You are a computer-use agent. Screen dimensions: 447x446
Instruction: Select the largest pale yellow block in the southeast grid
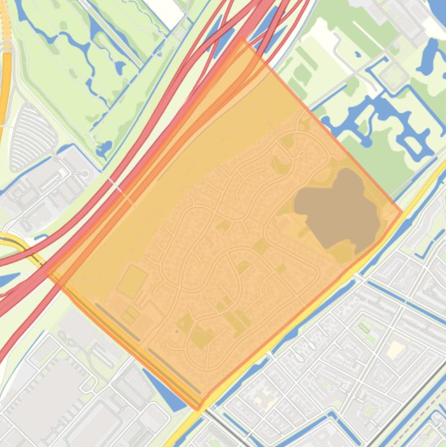tap(396, 349)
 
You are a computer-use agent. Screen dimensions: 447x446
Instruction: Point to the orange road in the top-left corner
tap(6, 70)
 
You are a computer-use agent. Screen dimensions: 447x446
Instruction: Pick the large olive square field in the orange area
tap(132, 282)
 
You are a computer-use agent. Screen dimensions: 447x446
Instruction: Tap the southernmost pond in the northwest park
tap(104, 150)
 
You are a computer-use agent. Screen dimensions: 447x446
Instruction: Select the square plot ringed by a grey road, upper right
tap(395, 75)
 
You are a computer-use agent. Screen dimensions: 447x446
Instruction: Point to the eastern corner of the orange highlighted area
tap(402, 212)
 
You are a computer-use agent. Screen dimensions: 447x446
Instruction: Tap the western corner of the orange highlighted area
tap(46, 272)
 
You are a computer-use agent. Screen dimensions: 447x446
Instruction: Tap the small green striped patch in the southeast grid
tap(364, 329)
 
